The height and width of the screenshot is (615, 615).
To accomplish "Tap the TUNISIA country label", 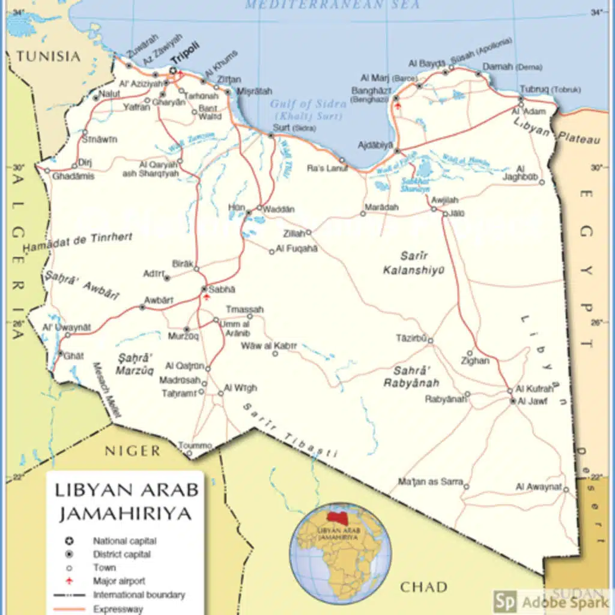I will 48,56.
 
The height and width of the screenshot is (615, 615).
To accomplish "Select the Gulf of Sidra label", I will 307,103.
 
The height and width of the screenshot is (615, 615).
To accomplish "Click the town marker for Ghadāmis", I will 47,170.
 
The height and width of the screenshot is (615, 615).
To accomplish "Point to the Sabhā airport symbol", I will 207,296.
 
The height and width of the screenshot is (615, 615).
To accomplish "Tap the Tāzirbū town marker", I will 430,341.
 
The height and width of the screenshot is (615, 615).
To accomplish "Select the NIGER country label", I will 133,450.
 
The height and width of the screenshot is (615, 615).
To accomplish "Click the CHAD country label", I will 423,586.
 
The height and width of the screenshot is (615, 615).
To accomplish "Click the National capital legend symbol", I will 70,541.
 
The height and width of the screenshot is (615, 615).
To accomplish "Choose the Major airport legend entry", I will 119,581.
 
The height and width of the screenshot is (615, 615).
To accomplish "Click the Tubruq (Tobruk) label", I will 550,89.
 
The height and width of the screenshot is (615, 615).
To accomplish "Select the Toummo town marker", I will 189,453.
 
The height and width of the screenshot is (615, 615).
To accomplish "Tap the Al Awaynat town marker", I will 566,489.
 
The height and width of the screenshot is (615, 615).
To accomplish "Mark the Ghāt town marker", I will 60,353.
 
